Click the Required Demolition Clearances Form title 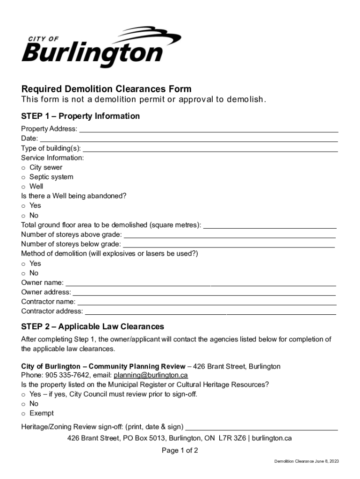(x=106, y=89)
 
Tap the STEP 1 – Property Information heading (x=80, y=116)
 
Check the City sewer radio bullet (x=23, y=167)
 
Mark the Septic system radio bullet (x=23, y=177)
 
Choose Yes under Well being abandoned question (x=23, y=206)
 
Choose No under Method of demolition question (x=23, y=273)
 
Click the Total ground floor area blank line (x=270, y=227)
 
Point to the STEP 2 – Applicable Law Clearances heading (x=93, y=327)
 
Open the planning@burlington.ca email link (x=151, y=375)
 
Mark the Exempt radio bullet (x=23, y=414)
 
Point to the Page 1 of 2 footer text (x=180, y=451)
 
